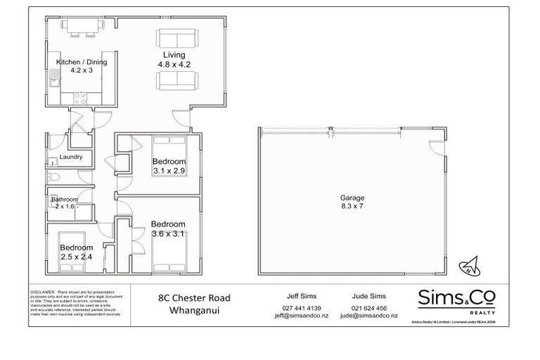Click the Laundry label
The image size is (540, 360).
coord(72,157)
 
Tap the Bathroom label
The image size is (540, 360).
coord(64,199)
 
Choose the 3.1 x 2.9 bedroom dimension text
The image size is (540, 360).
coord(169,170)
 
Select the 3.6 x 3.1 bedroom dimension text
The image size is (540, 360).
coord(167,234)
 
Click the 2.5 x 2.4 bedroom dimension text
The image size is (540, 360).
coord(76,257)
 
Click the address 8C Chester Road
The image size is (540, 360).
coord(194,297)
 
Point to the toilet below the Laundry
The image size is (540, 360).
coord(55,176)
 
